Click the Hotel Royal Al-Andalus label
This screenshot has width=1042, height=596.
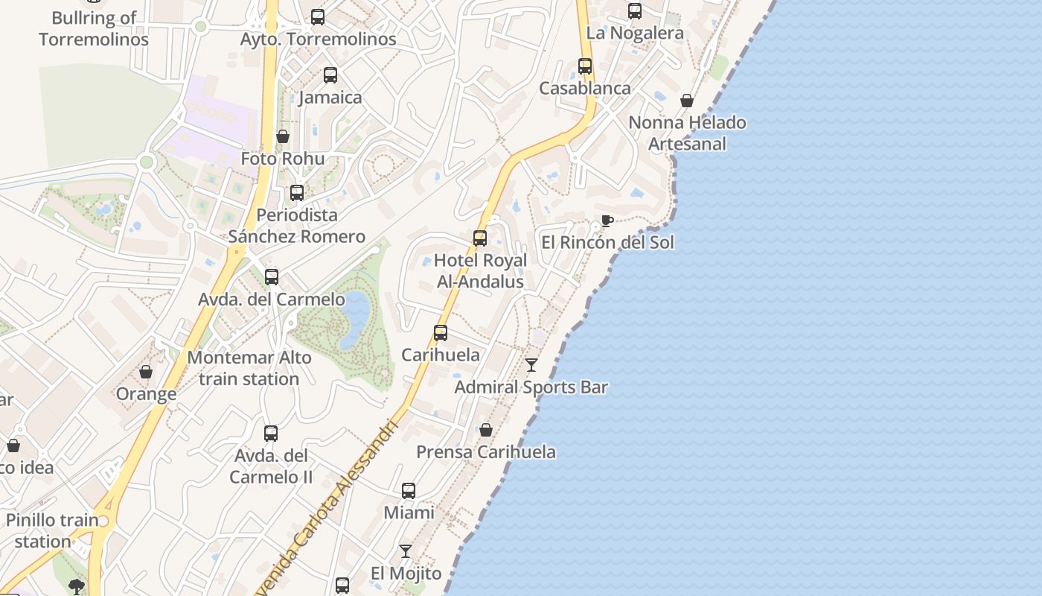point(480,271)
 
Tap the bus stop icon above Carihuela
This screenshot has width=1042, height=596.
point(441,333)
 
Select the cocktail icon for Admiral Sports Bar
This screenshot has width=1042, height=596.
point(531,365)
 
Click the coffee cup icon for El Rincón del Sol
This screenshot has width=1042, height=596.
point(607,221)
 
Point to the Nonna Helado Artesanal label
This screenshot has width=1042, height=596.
point(687,133)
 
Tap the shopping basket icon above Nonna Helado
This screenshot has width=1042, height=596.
point(687,101)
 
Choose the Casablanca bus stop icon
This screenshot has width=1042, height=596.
point(585,66)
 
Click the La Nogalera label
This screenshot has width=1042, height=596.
point(635,33)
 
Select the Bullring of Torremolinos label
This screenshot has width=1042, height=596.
point(94,28)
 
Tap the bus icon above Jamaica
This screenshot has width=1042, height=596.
point(330,75)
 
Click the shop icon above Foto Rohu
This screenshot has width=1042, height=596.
point(283,136)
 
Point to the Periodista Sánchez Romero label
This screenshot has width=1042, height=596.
point(296,226)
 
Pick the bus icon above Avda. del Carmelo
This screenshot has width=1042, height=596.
point(272,277)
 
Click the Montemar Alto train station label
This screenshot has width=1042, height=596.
point(249,368)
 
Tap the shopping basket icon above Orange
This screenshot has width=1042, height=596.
point(146,372)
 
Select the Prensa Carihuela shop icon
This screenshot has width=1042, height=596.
point(486,430)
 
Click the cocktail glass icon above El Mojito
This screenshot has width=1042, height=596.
point(406,551)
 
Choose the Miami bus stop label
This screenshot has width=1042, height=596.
point(409,513)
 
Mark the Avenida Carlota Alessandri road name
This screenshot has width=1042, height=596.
point(327,514)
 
